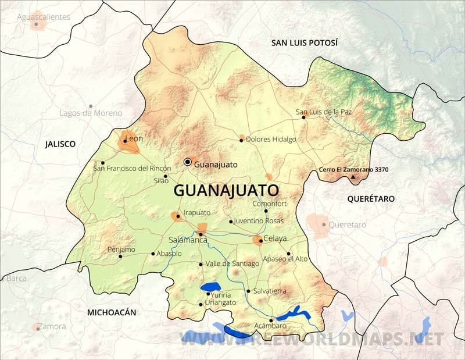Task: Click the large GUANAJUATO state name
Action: point(227,190)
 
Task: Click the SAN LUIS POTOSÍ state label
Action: point(305,43)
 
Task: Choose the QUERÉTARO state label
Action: point(371,199)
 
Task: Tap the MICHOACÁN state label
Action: point(112,312)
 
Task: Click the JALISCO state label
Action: point(60,144)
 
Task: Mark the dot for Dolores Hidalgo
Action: point(242,140)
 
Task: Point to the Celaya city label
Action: point(276,238)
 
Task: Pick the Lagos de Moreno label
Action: point(91,113)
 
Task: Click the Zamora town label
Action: point(53,327)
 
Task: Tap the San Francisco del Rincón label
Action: point(133,169)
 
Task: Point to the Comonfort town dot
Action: point(266,211)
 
